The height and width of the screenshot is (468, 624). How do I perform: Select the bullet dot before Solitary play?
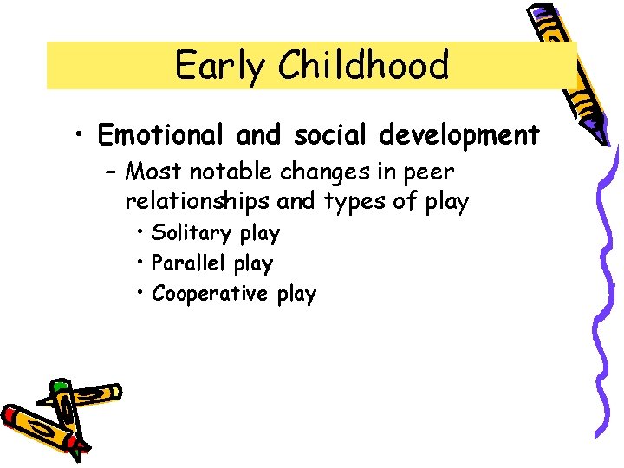point(140,233)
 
